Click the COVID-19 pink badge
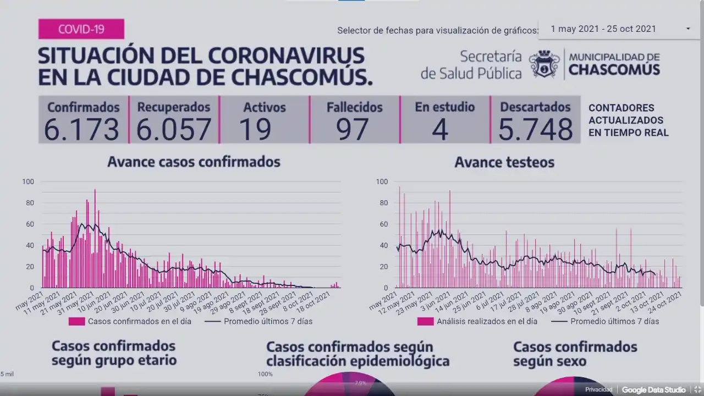81,29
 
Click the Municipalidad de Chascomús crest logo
544,64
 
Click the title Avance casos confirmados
194,162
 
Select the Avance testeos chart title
504,162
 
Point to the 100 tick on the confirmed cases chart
28,182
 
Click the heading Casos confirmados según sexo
575,354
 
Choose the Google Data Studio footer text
653,390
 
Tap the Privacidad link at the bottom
598,390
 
